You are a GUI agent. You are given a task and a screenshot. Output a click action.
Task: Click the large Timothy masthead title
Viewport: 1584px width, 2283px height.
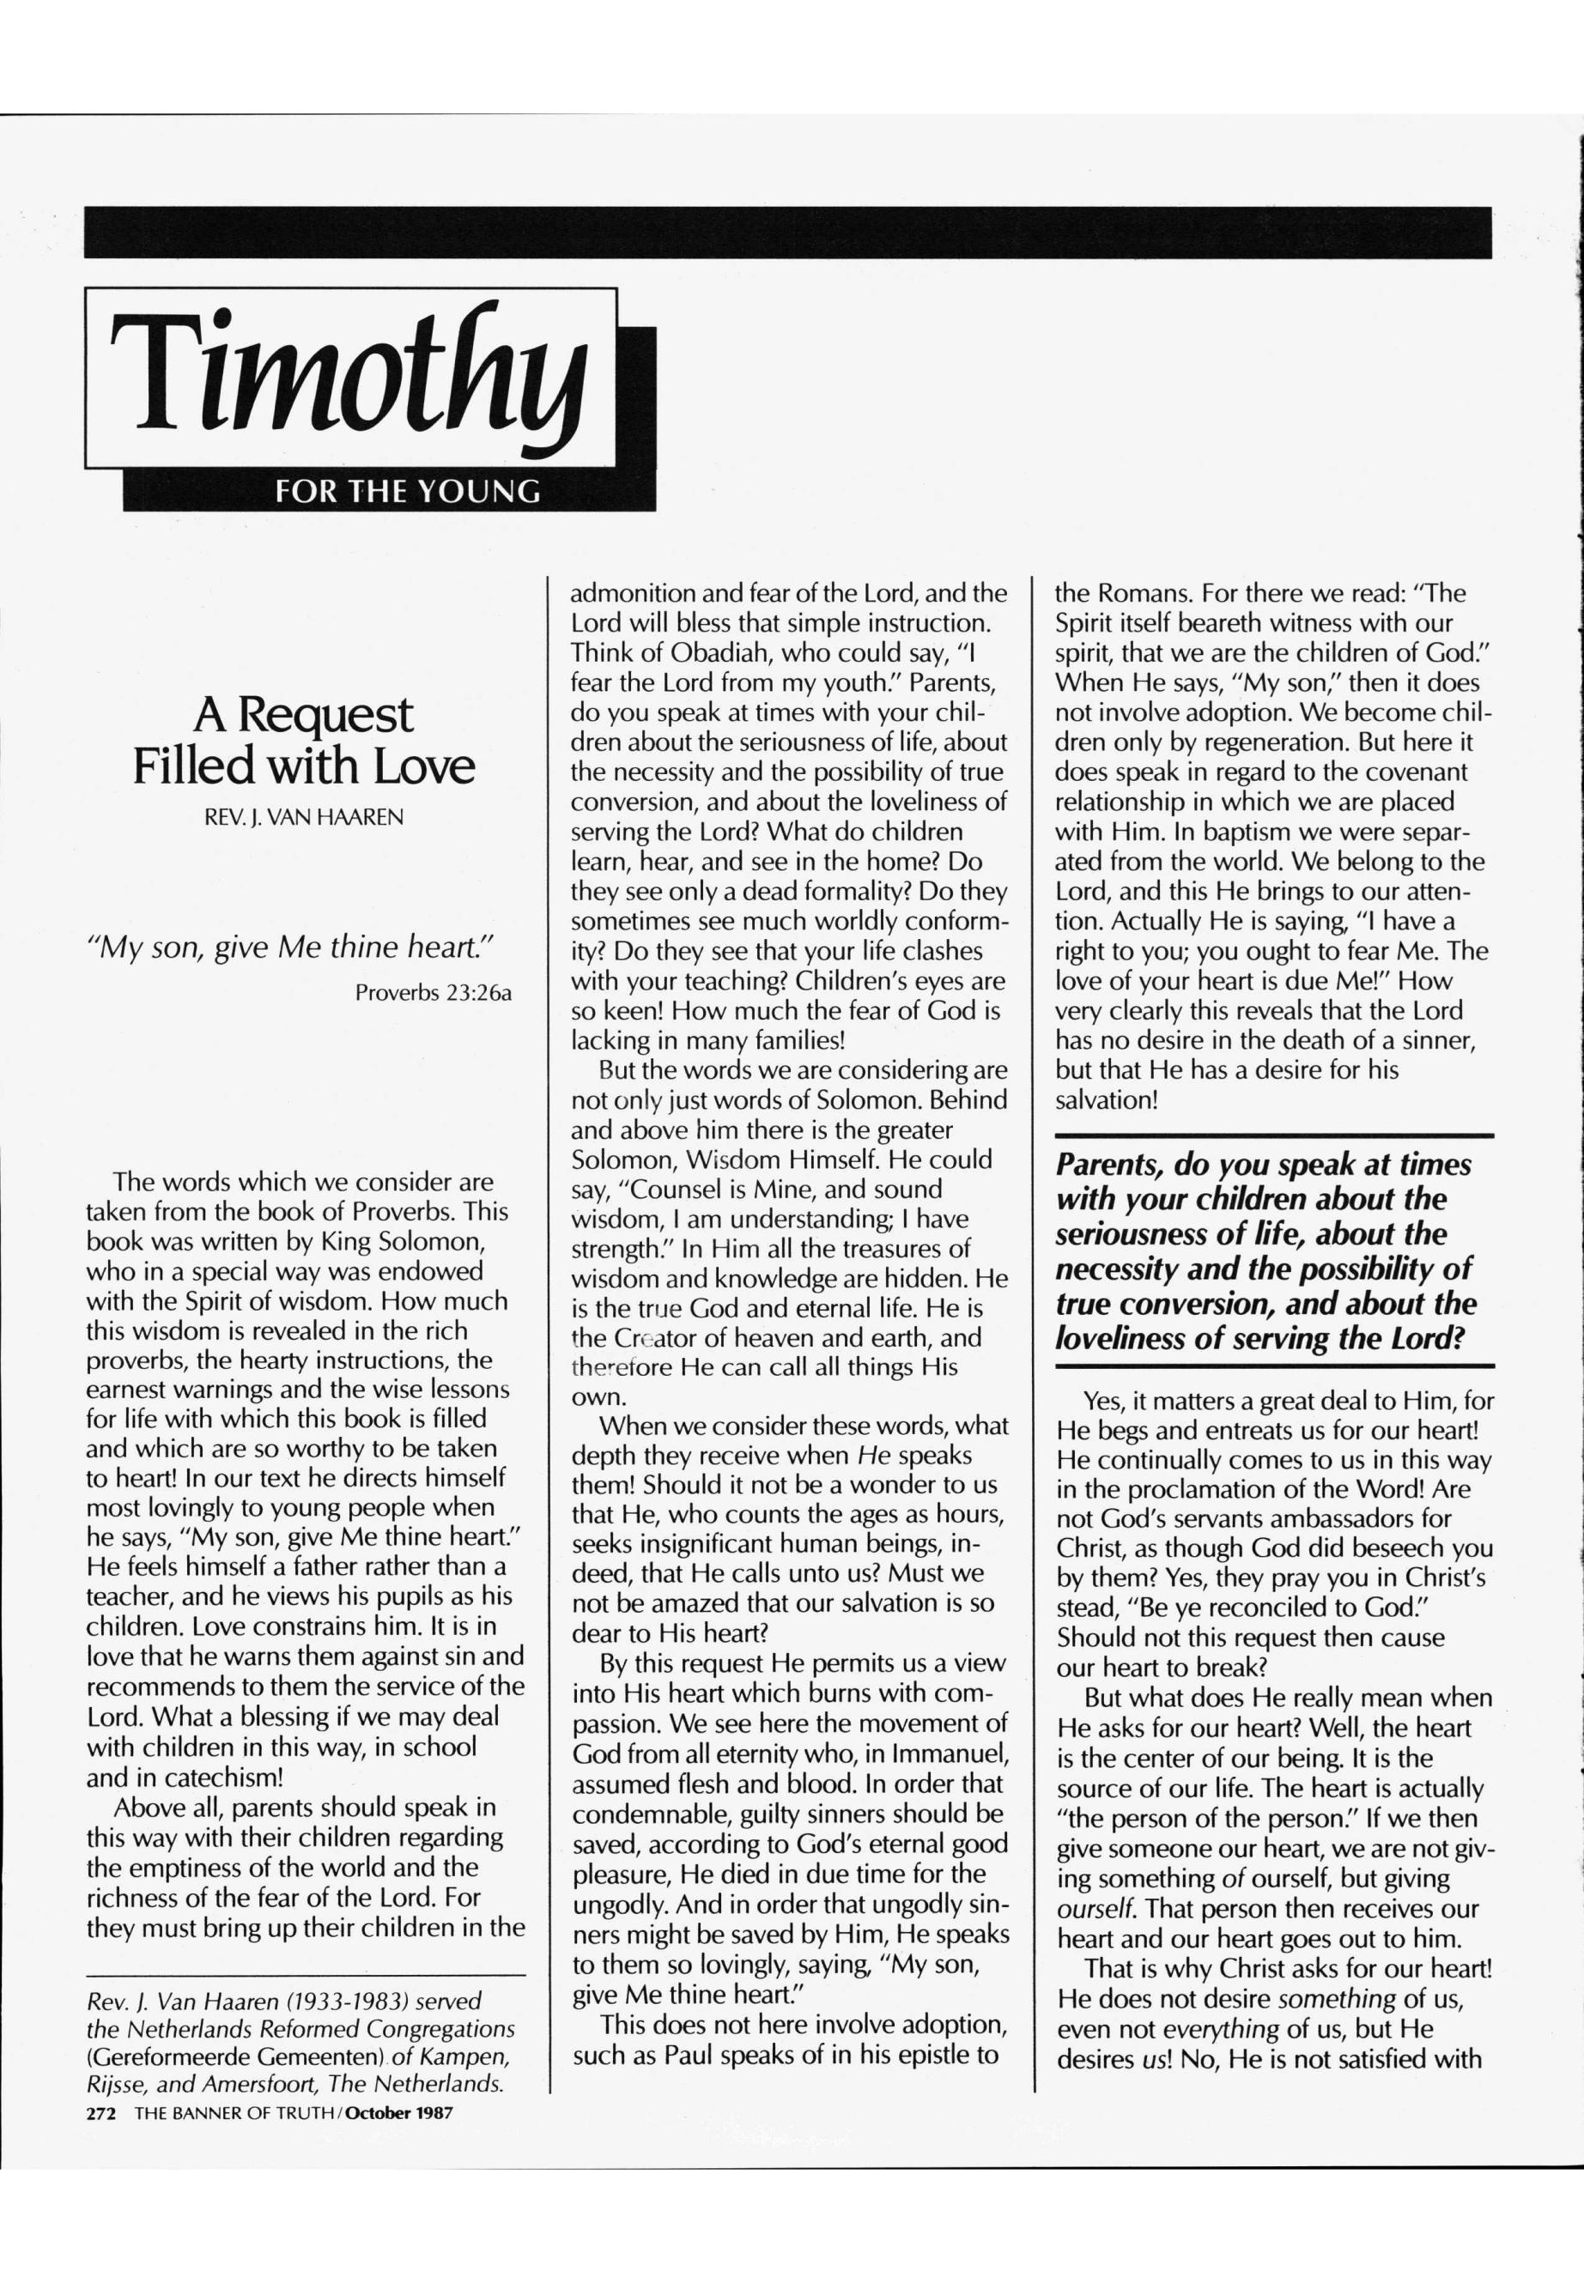click(349, 381)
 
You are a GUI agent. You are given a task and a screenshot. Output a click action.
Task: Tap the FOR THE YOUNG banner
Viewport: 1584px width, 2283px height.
click(408, 491)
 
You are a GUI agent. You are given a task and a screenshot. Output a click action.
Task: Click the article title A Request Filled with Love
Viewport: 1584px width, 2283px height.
click(304, 739)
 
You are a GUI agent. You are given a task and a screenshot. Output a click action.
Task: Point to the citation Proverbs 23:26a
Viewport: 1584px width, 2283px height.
click(433, 992)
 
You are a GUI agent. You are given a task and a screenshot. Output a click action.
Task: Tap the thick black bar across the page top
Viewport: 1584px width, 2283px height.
click(788, 233)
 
